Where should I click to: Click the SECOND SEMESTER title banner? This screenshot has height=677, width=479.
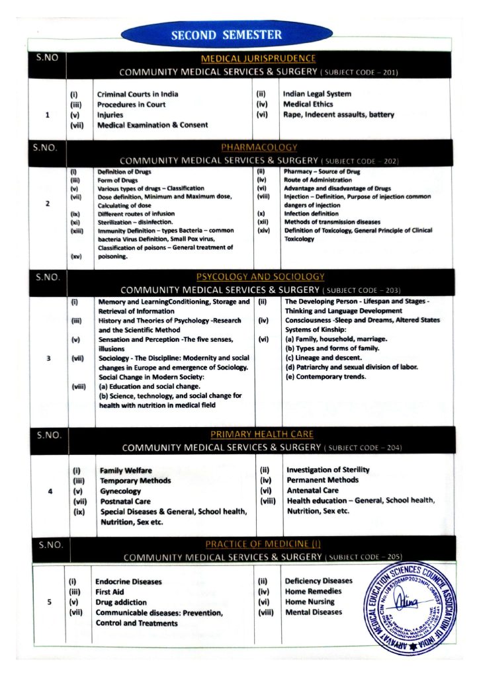tap(226, 35)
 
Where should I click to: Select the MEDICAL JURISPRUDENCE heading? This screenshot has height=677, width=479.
tap(258, 59)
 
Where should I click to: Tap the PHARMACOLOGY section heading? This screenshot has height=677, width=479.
tap(259, 147)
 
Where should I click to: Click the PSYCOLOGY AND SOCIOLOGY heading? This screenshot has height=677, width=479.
tap(260, 277)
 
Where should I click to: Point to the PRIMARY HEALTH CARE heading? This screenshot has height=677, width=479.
tap(262, 434)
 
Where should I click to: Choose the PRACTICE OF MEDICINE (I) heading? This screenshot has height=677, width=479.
tap(263, 544)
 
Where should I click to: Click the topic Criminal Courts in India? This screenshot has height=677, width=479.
tap(137, 94)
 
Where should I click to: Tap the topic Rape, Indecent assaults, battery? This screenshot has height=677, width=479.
tap(338, 114)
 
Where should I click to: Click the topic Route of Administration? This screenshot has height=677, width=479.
tap(318, 180)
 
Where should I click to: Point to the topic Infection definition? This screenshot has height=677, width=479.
tap(311, 214)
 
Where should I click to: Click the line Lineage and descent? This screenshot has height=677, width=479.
tap(324, 357)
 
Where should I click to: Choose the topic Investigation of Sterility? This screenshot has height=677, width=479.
tap(327, 470)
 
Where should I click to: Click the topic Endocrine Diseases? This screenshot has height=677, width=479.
tap(128, 582)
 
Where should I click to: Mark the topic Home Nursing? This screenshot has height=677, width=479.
tap(310, 602)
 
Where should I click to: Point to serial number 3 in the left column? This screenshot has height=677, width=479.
tap(47, 359)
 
